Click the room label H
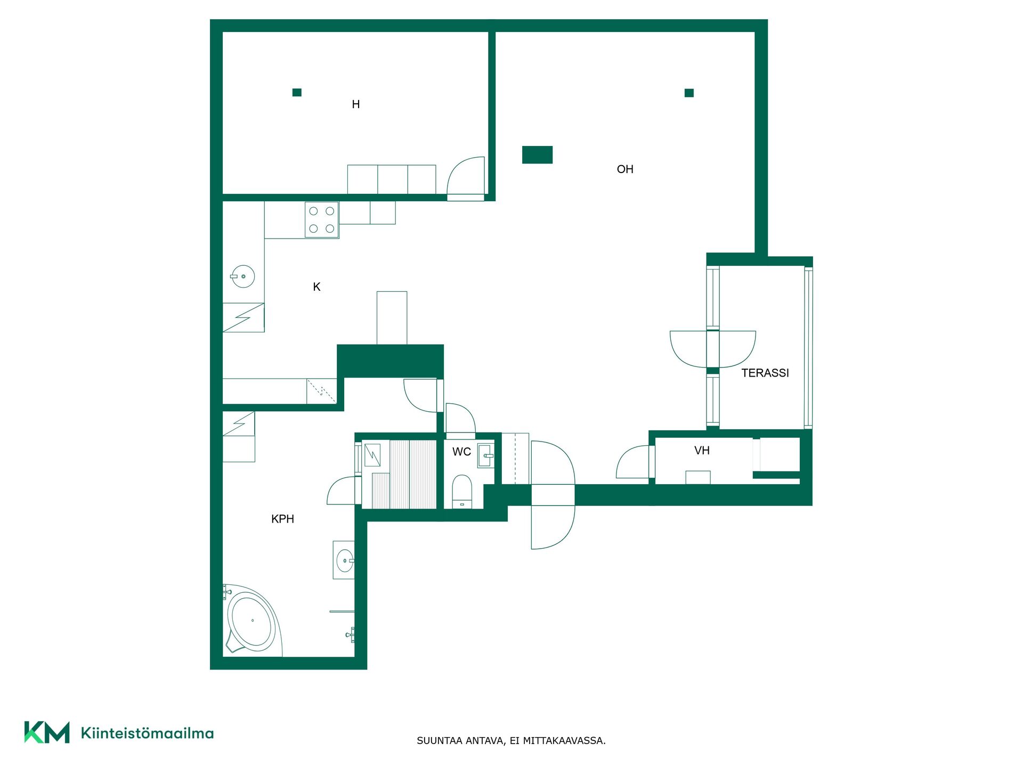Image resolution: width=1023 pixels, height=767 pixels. [356, 104]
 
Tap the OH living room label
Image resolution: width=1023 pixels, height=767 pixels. [625, 169]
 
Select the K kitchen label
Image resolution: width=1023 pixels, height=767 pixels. [316, 287]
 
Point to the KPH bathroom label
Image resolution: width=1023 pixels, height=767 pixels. [282, 519]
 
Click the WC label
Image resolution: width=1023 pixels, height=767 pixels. [461, 452]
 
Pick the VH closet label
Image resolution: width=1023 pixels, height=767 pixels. [702, 451]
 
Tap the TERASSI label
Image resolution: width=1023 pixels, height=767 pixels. [765, 373]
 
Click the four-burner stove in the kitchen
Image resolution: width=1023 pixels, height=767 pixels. [322, 219]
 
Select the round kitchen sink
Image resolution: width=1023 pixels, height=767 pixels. [242, 276]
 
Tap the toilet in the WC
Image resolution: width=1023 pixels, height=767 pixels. [462, 491]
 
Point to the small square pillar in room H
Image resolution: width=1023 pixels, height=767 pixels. [297, 93]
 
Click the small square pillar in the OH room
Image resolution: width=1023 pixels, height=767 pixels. [689, 93]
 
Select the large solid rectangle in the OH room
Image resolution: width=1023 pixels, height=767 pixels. [537, 155]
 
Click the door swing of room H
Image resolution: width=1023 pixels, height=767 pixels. [466, 176]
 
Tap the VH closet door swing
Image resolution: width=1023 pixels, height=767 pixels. [632, 462]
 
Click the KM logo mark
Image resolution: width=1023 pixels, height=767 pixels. [47, 732]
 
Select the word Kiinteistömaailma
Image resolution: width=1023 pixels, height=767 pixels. [147, 733]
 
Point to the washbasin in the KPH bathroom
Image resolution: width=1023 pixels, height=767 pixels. [344, 560]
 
